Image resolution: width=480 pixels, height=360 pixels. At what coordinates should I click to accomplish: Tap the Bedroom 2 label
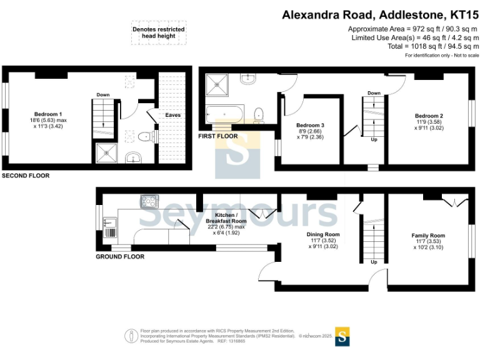(x=429, y=116)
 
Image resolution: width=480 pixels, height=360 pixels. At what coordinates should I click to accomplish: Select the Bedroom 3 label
(x=310, y=125)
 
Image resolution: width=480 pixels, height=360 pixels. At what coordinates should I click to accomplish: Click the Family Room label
(x=428, y=236)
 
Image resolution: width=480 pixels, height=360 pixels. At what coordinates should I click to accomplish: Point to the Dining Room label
(x=323, y=234)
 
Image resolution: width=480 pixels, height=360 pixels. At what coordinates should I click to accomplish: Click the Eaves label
(x=173, y=115)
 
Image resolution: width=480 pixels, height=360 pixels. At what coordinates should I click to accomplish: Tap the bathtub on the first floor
(x=225, y=114)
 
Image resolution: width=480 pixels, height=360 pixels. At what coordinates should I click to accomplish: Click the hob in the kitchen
(x=150, y=201)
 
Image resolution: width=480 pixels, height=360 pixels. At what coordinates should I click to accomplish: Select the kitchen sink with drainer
(x=110, y=227)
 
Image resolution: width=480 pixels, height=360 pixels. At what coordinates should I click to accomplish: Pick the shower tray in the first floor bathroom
(x=217, y=85)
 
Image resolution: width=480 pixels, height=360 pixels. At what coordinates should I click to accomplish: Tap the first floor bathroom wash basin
(x=248, y=79)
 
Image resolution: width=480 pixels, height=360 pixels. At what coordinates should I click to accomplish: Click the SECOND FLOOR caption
(x=26, y=176)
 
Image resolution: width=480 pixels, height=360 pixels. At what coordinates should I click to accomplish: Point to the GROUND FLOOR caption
(x=120, y=256)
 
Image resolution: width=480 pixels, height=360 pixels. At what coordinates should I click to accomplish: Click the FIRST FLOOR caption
(x=218, y=136)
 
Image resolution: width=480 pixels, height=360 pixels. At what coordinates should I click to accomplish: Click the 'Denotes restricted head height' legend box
(x=159, y=32)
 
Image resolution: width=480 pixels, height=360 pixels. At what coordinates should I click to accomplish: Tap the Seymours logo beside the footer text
(x=342, y=337)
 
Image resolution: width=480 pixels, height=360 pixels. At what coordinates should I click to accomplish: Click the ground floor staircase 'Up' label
(x=374, y=262)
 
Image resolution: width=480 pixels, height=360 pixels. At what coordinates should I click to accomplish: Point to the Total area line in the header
(x=433, y=46)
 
